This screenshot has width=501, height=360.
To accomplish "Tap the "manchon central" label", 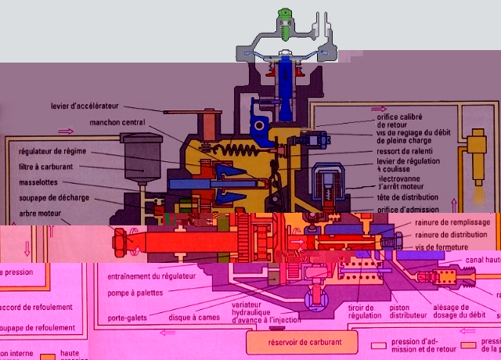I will [x=117, y=123].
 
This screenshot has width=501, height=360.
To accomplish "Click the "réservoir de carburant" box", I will [x=300, y=341].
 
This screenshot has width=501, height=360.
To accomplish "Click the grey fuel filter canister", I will [x=136, y=155].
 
